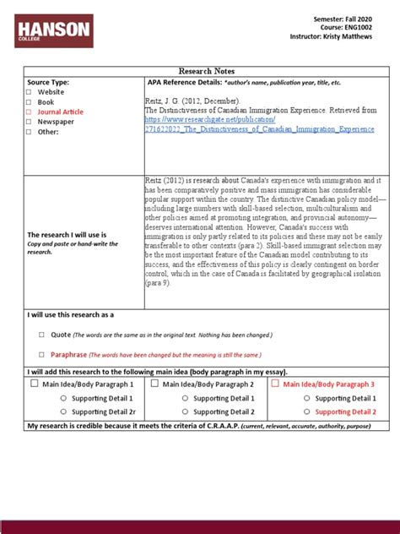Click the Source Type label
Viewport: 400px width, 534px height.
48,82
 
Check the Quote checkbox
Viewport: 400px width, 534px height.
41,335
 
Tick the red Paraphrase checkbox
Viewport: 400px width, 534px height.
41,355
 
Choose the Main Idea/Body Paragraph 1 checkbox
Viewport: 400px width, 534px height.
34,384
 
